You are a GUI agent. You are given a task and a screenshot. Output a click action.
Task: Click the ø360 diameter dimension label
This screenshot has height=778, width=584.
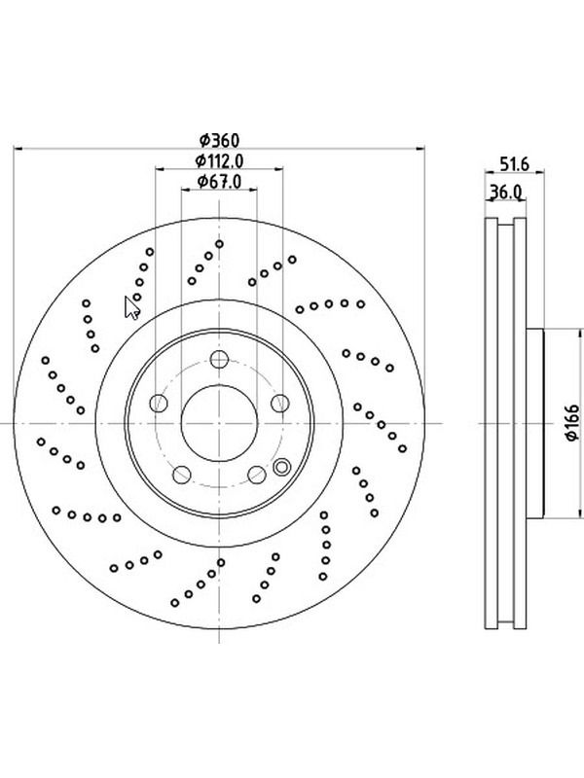click(219, 140)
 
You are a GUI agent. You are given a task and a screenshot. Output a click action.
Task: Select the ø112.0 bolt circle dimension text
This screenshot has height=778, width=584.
click(219, 160)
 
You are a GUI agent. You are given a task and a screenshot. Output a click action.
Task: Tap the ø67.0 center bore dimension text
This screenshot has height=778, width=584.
click(219, 182)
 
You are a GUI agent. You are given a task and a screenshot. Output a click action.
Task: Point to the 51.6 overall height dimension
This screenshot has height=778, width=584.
click(515, 163)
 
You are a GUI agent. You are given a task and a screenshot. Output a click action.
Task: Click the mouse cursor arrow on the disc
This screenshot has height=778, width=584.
click(131, 308)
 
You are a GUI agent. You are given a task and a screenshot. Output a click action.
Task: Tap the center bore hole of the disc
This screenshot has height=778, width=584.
click(219, 423)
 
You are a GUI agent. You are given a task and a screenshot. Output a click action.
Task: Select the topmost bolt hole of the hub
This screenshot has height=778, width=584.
click(219, 359)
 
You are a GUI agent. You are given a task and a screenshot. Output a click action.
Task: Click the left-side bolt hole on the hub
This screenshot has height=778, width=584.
click(159, 403)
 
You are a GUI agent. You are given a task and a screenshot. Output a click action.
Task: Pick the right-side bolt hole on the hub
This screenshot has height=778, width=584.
click(280, 403)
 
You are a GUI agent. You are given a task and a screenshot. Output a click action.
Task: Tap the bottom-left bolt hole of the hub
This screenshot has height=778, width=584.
click(182, 475)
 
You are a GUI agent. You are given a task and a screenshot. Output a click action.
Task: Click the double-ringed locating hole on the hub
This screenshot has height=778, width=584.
click(281, 467)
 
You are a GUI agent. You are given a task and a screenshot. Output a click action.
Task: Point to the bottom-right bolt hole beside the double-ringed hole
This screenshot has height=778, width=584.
click(257, 475)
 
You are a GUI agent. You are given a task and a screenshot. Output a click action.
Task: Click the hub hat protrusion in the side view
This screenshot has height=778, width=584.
click(534, 423)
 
